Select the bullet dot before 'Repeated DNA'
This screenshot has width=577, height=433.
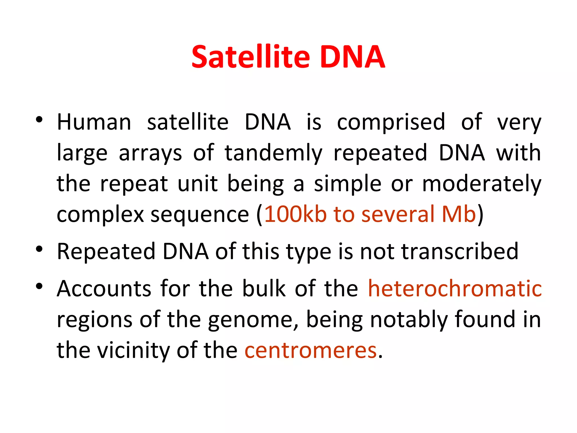click(x=39, y=249)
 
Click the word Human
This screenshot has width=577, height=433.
click(x=94, y=122)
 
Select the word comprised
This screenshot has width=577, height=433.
click(x=391, y=122)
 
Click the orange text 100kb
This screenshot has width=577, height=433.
click(x=295, y=214)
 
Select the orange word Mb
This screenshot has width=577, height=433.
click(x=459, y=214)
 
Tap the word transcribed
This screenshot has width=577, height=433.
click(x=460, y=251)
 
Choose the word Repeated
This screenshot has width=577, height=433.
click(x=106, y=251)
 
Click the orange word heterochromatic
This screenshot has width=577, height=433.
click(x=455, y=289)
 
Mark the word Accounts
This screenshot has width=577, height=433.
click(x=104, y=289)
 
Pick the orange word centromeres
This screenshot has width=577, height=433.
click(x=310, y=350)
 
